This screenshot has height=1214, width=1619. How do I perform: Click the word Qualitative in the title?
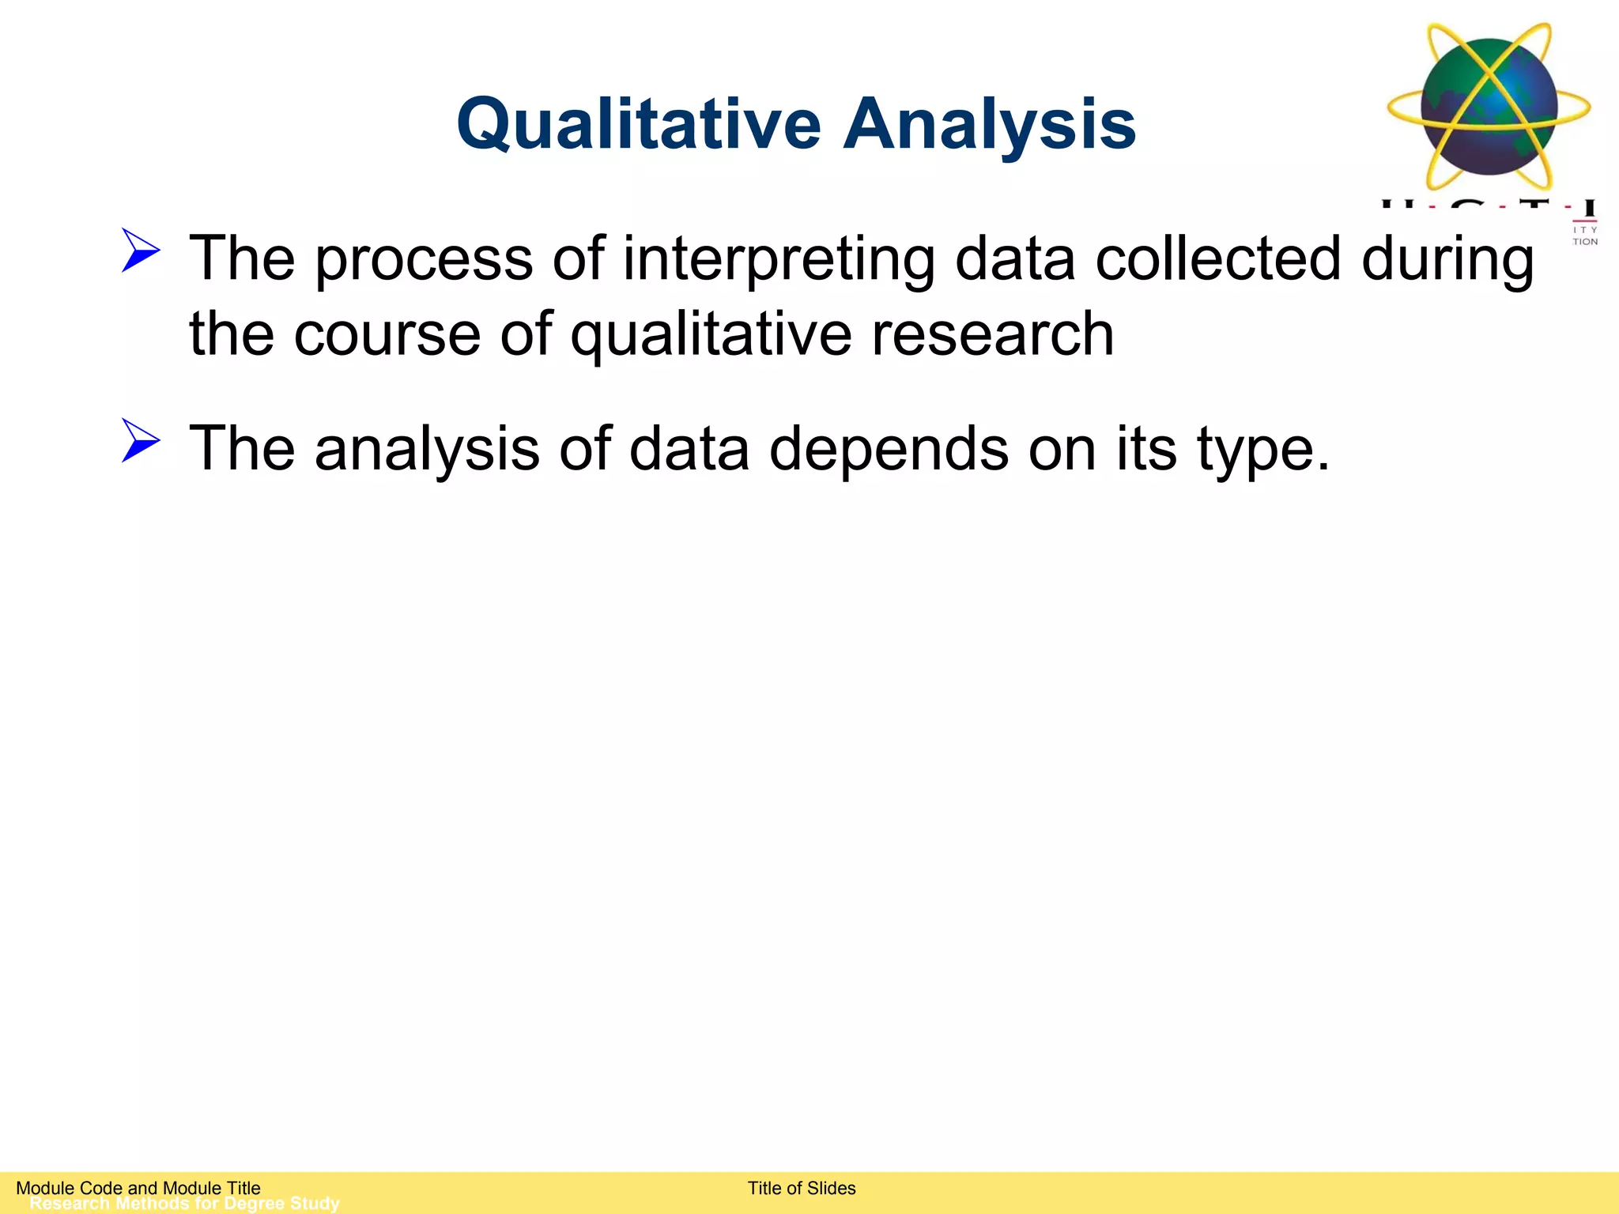(639, 125)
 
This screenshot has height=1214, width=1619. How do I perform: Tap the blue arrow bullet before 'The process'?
(141, 251)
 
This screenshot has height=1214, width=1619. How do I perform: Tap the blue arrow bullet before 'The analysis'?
(141, 440)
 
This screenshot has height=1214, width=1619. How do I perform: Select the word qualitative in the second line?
(711, 334)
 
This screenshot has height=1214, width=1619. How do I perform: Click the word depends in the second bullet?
(889, 449)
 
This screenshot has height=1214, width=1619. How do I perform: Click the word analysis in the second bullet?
(427, 449)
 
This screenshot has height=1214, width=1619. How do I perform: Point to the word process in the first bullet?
(424, 259)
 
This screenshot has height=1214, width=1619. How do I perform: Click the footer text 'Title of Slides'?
(802, 1188)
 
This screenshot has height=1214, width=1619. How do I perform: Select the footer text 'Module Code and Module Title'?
(138, 1188)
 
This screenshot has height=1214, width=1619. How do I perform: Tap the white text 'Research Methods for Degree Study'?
(184, 1204)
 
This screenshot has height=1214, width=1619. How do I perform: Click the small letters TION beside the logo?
(1585, 242)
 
